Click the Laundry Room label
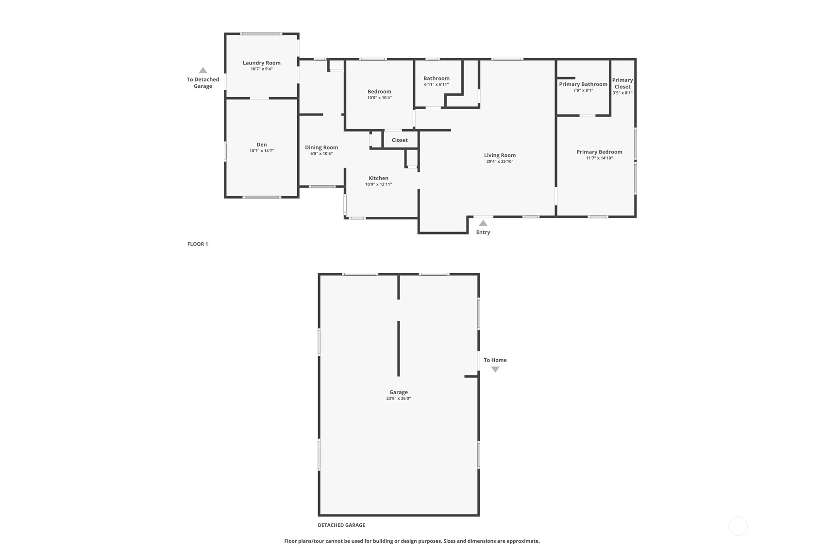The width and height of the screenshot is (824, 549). tap(262, 63)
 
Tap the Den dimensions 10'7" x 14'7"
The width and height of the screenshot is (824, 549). tap(262, 151)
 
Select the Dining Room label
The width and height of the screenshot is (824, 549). tap(321, 148)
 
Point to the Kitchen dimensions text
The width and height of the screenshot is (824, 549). tap(379, 184)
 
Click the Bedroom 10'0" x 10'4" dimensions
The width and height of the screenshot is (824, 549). tap(379, 98)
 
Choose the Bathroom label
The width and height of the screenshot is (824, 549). tap(437, 78)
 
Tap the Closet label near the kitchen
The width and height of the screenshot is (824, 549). tap(400, 140)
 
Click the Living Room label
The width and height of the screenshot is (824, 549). tap(500, 155)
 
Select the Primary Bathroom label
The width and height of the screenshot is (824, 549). tap(583, 84)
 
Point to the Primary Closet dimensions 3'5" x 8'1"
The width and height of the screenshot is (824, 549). tap(622, 93)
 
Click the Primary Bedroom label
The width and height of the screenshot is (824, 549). tap(599, 152)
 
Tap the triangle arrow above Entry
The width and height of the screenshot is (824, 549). tap(483, 223)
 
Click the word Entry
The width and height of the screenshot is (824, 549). tap(483, 232)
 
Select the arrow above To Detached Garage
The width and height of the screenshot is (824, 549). tap(202, 70)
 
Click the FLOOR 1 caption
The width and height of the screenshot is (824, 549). tap(198, 244)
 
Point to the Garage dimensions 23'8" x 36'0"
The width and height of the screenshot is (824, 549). tap(398, 398)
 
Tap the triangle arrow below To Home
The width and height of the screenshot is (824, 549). tap(495, 369)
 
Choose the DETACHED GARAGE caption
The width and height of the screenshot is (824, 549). tap(341, 525)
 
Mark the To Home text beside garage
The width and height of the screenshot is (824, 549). tap(495, 360)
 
